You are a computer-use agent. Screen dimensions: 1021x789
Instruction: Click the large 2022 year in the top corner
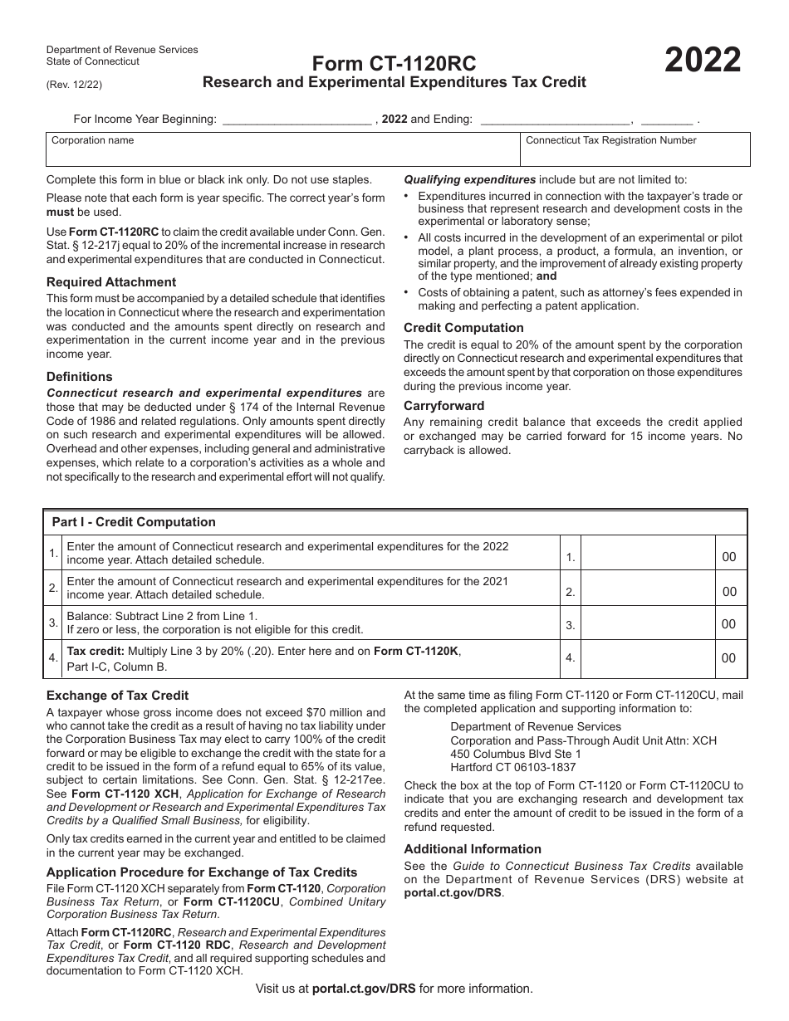(702, 61)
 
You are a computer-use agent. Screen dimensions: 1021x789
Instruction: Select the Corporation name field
(282, 150)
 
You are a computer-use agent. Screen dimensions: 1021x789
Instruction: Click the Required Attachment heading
(111, 282)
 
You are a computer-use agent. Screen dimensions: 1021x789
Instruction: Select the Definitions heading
(79, 377)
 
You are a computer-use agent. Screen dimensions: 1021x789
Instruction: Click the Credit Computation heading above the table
(463, 328)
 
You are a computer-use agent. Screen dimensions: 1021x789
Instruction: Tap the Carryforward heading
(444, 406)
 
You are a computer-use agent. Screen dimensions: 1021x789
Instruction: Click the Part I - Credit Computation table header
(134, 522)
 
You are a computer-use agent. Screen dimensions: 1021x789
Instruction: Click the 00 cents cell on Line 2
(729, 592)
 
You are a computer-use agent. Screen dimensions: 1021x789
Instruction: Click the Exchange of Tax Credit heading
(117, 696)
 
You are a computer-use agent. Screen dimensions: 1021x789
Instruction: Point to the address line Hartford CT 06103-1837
(512, 767)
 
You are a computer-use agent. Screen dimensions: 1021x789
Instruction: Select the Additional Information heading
(473, 848)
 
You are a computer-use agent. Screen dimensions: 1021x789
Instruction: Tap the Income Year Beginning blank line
(297, 120)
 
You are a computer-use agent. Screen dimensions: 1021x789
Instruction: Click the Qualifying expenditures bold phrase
(469, 179)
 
